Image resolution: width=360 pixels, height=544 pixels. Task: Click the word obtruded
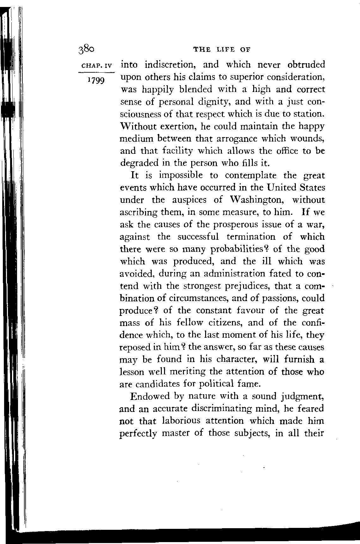point(306,65)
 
